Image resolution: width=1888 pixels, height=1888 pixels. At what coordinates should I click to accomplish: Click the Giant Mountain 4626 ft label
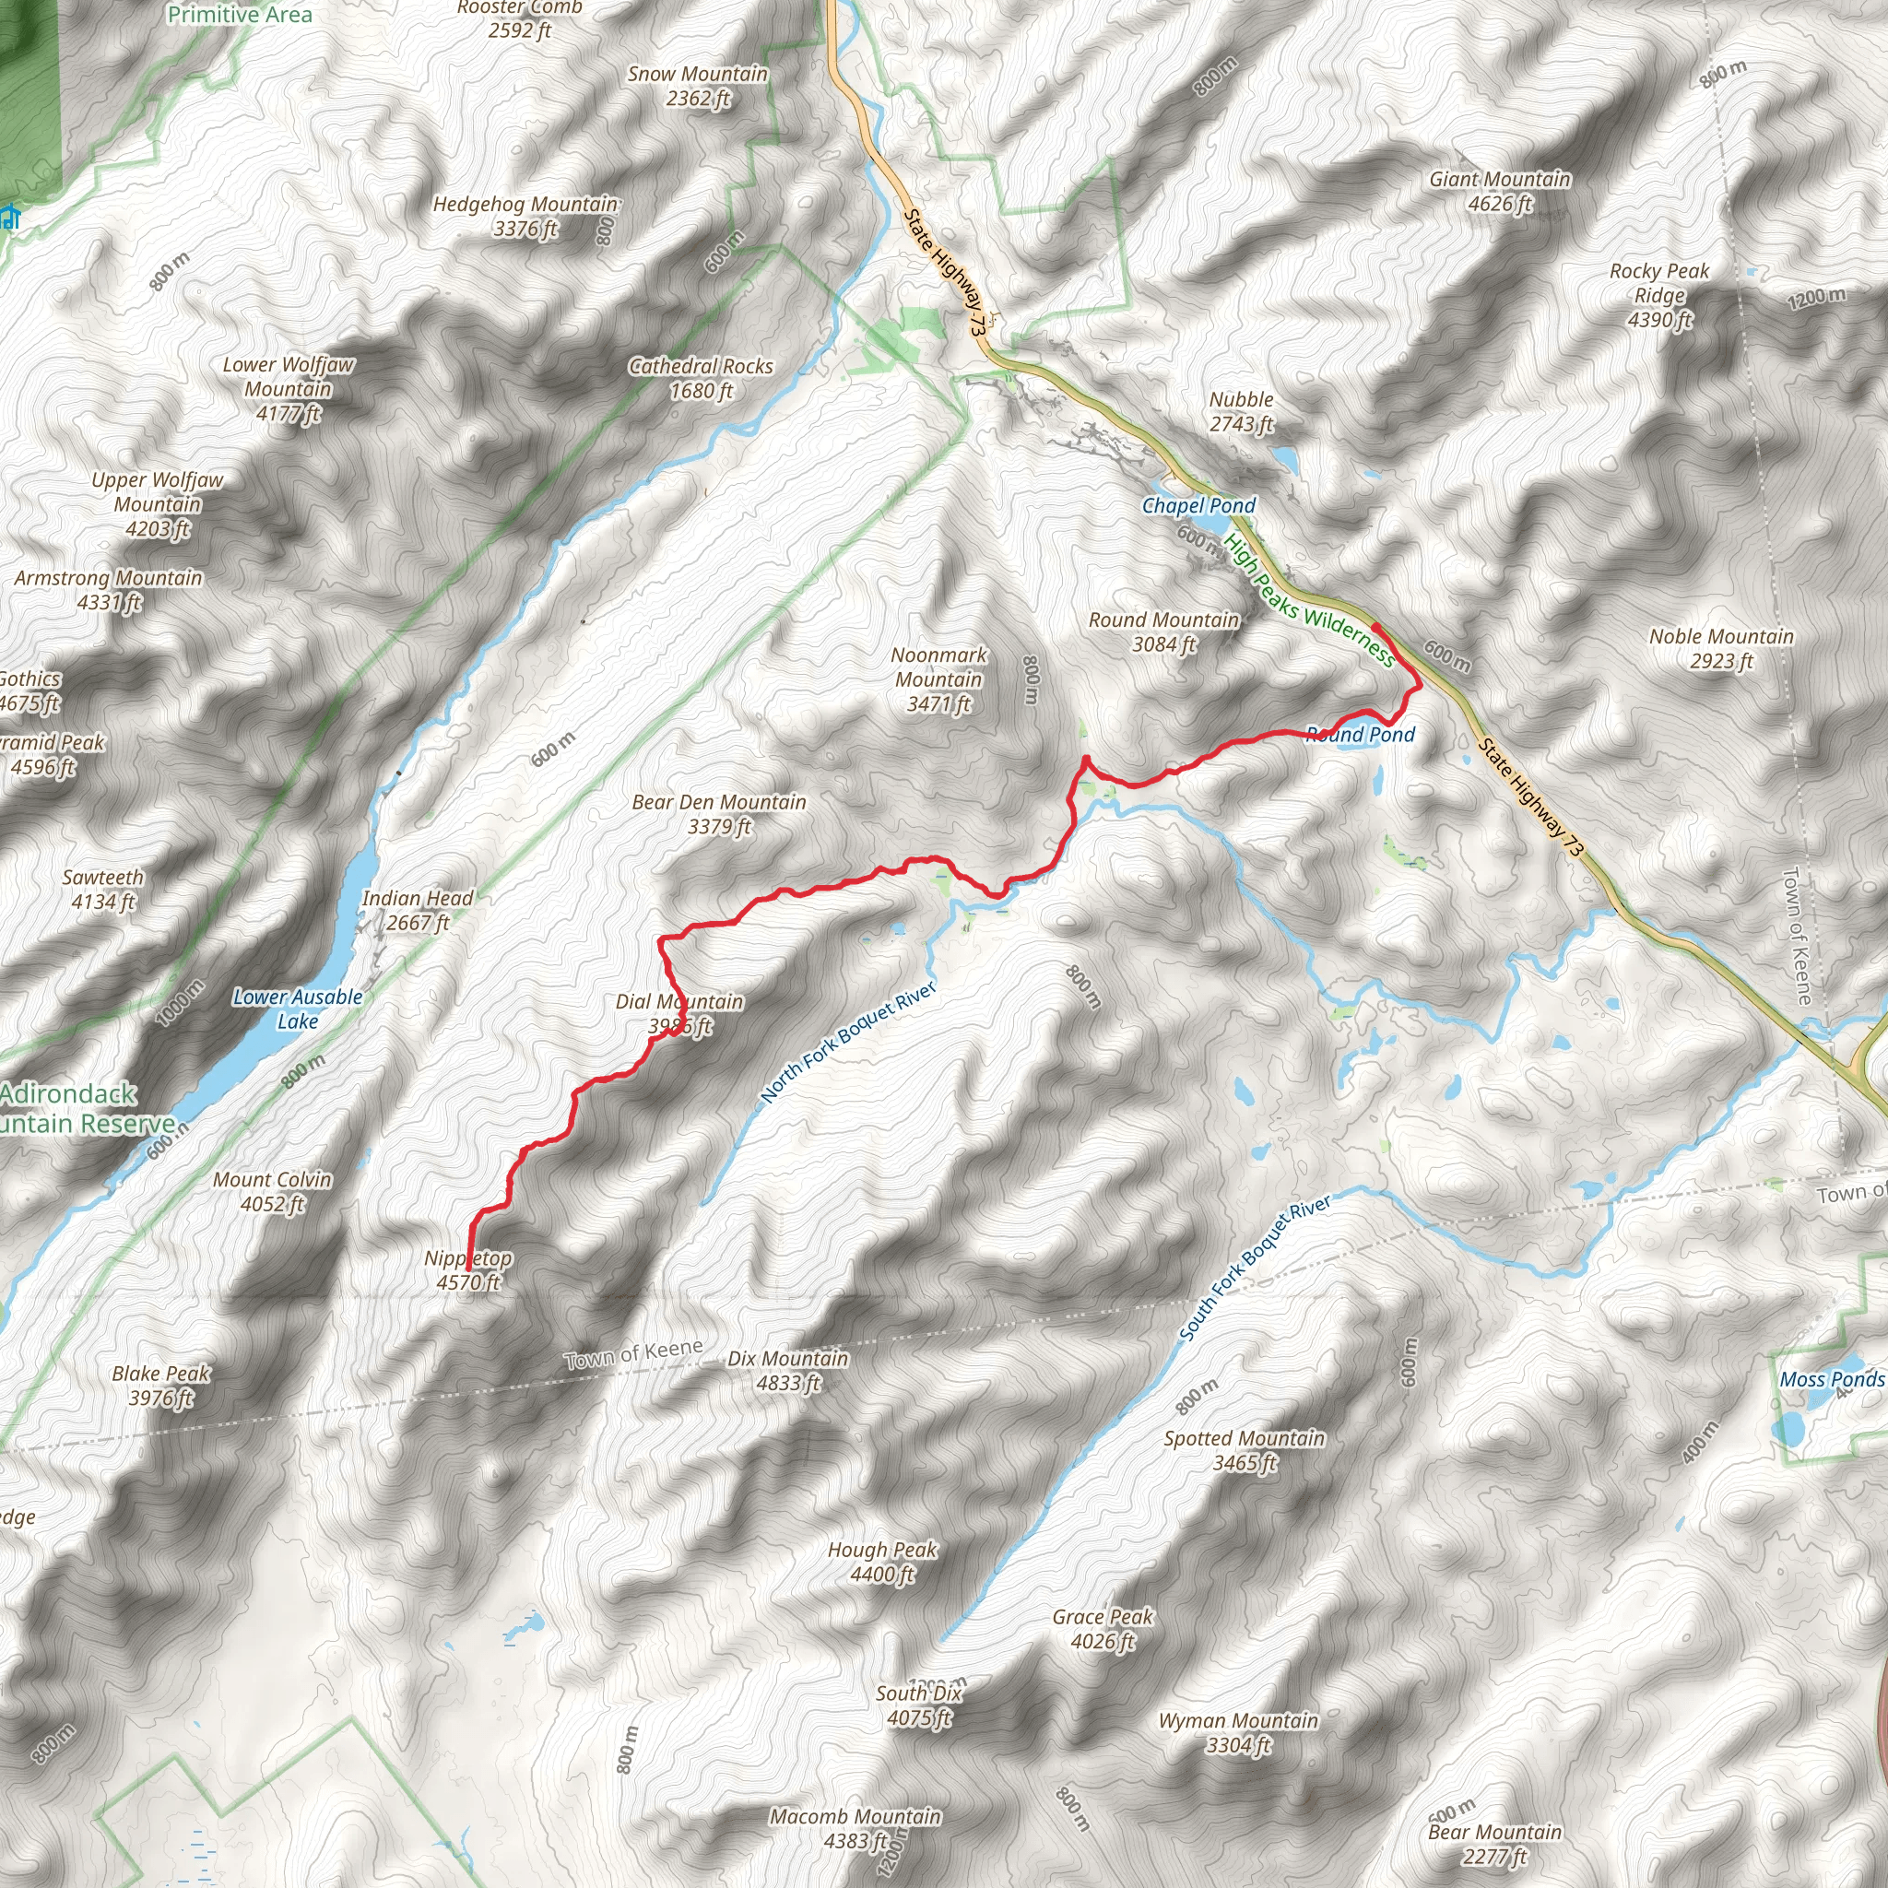1499,192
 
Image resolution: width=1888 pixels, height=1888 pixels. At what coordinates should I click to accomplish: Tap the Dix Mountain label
787,1370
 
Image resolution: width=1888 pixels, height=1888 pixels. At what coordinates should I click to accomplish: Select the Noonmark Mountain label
939,679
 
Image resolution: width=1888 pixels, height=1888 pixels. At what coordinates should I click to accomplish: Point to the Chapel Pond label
1198,505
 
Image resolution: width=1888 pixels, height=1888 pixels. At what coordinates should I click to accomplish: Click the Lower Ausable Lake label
297,1009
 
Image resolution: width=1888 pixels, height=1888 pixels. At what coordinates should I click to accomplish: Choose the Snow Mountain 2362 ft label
697,86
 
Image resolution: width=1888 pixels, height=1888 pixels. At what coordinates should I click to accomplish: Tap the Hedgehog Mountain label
525,216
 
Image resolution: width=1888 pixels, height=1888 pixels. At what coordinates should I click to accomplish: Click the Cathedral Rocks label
701,378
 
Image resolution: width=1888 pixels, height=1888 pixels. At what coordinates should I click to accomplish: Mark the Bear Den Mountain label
719,814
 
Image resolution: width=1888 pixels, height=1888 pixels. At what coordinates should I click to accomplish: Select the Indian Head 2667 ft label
418,910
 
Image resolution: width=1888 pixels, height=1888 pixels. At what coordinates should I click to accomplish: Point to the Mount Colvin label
273,1191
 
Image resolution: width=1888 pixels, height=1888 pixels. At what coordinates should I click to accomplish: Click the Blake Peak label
161,1385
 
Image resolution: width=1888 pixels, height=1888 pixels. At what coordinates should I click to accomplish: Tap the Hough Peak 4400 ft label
881,1562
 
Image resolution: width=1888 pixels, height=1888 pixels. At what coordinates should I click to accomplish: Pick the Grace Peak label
1103,1629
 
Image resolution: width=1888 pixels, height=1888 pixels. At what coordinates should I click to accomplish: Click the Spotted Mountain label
1244,1450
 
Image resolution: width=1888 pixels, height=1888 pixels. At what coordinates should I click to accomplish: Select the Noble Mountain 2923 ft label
1721,649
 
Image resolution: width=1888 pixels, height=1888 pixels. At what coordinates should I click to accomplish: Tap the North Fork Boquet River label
848,1042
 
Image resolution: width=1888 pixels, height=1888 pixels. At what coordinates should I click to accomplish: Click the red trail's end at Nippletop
469,1268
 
